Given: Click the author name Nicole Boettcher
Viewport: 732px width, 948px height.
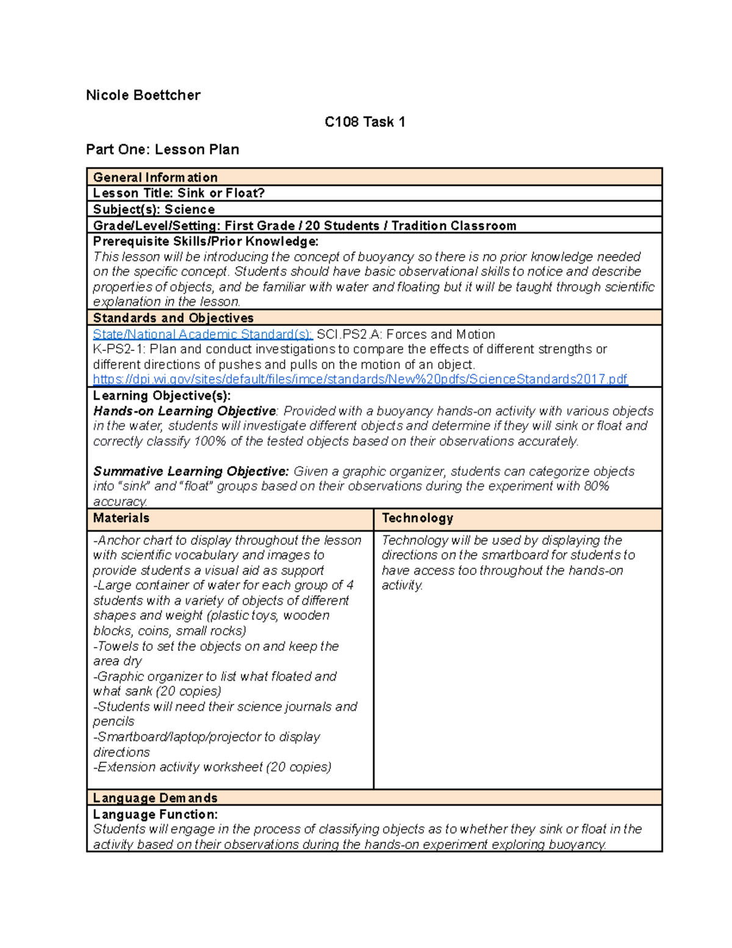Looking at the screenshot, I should tap(143, 95).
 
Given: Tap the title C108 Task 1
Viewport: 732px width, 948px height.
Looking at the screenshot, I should tap(365, 122).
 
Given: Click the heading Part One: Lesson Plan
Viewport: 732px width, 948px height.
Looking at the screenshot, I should tap(162, 150).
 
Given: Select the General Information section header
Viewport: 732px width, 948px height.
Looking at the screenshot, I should tap(155, 178).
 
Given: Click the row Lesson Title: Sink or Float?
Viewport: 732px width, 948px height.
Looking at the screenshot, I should tap(179, 194).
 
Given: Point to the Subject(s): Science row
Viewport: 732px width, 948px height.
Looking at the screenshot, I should tap(154, 209).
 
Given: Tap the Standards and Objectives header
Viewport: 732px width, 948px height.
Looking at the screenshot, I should tap(173, 318).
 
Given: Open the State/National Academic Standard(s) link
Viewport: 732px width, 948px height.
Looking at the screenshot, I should tap(203, 335).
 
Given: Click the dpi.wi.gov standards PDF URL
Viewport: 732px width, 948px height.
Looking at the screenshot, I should tap(360, 380).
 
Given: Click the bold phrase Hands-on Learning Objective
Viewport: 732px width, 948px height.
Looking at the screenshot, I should tap(184, 411).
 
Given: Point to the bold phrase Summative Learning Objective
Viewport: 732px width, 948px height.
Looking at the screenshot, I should tap(190, 472).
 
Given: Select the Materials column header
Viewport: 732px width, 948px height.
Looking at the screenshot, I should tap(121, 518).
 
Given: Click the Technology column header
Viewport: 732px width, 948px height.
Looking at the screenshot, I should tap(417, 518).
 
